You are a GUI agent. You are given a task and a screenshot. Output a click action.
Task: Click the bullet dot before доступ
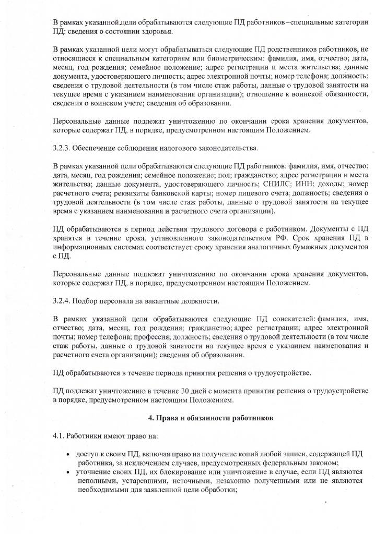pos(68,453)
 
